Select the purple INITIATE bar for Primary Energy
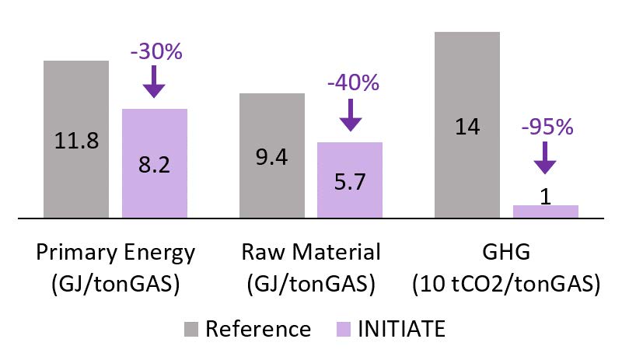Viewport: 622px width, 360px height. (155, 163)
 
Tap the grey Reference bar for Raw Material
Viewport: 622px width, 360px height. (271, 155)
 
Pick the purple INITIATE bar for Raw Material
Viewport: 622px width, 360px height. (350, 180)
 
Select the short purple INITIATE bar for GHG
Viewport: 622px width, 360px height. (546, 211)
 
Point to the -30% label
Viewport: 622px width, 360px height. (155, 52)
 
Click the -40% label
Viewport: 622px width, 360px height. (352, 84)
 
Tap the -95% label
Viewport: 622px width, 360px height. (547, 127)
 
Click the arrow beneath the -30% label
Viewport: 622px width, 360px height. (155, 81)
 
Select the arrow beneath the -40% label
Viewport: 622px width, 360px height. (351, 114)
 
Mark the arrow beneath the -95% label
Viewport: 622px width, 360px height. (546, 159)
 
